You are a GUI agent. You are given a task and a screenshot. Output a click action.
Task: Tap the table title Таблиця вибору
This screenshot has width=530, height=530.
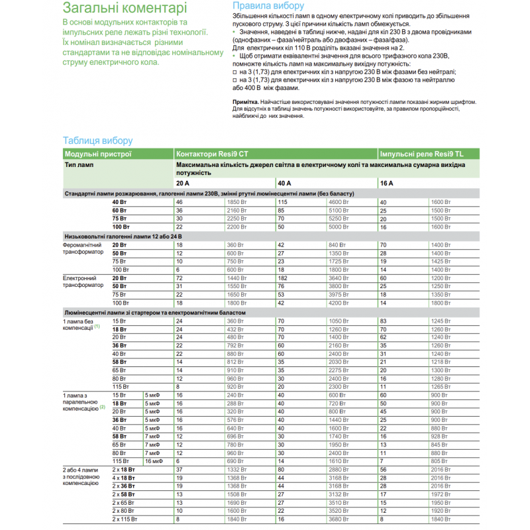tap(97, 140)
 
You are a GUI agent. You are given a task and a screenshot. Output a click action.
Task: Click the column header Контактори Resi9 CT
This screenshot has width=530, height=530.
tap(212, 153)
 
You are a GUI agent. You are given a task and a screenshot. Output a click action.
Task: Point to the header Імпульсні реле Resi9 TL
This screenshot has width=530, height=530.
tap(419, 153)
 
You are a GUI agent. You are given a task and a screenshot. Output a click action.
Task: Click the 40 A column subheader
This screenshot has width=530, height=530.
tap(284, 183)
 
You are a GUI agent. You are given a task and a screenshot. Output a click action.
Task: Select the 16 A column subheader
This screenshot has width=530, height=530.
tap(386, 183)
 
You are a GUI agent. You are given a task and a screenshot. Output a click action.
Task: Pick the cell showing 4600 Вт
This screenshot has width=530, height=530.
tap(339, 201)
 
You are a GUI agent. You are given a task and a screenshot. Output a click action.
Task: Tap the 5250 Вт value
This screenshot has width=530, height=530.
tap(339, 218)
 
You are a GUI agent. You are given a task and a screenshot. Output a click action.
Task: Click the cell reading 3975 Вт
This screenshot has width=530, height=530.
tap(339, 293)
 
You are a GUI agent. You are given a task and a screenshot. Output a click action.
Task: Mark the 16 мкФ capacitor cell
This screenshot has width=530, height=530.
tap(153, 460)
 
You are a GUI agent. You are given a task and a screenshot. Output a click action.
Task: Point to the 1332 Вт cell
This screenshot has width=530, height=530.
tap(237, 469)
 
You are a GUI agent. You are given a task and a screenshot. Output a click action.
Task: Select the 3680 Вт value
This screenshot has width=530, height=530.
tap(339, 519)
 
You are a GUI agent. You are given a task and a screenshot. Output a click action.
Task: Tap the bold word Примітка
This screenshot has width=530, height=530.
tap(246, 101)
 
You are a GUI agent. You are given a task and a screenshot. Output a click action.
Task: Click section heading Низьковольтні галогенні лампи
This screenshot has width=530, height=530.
tap(123, 236)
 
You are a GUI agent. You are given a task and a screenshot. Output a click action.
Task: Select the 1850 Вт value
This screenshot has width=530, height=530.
tap(237, 201)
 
